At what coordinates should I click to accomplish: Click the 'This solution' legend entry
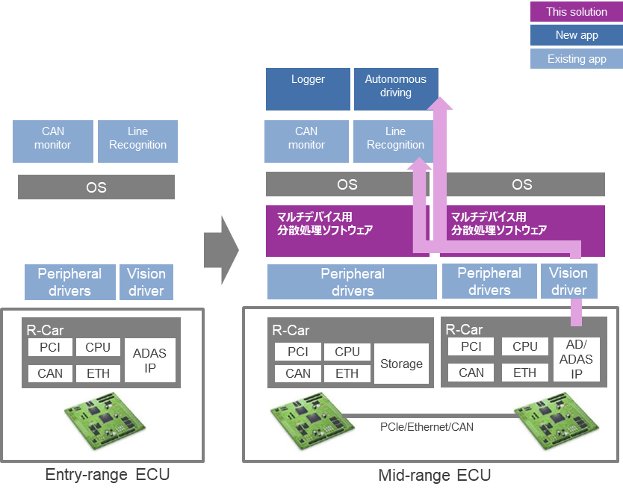tap(576, 12)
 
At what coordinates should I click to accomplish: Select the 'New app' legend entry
tap(576, 35)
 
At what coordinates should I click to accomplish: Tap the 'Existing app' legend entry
tap(576, 59)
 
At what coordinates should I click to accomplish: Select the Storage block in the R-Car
tap(402, 364)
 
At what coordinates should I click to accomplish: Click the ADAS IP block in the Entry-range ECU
tap(149, 360)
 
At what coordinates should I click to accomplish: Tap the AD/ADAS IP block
tap(577, 359)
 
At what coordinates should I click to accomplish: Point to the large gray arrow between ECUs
tap(221, 249)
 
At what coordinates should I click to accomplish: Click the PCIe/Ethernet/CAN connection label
tap(427, 427)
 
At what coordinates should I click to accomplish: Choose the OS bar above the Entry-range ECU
tap(96, 187)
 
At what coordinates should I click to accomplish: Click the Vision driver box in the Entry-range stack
tap(146, 281)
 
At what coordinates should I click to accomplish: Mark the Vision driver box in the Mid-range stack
tap(569, 281)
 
